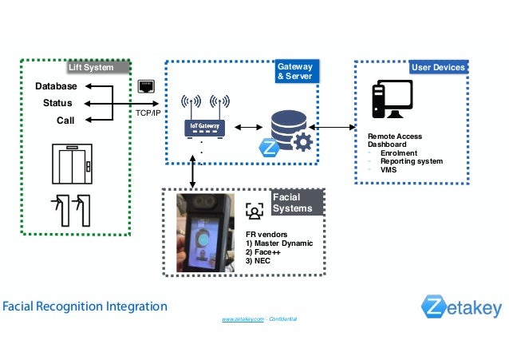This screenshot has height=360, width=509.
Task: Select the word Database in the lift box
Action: (x=57, y=86)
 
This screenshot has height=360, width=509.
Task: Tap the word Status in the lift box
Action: (x=57, y=103)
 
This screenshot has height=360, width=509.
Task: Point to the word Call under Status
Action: (x=65, y=121)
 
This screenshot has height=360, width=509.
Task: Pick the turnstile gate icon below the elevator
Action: (x=69, y=209)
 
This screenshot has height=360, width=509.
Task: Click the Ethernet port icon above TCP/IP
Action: (x=146, y=85)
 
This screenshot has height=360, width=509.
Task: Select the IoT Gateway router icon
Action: (x=205, y=119)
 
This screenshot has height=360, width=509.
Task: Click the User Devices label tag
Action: (x=436, y=68)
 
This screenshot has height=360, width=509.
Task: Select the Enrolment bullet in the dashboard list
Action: (x=399, y=153)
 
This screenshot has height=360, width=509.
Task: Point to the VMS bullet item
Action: (x=389, y=170)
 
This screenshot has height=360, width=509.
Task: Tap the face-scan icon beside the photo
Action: (x=254, y=211)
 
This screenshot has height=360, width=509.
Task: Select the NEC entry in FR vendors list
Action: (x=259, y=260)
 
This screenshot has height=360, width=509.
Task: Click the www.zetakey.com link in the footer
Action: (x=243, y=318)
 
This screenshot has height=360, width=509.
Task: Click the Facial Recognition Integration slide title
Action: (x=84, y=306)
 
